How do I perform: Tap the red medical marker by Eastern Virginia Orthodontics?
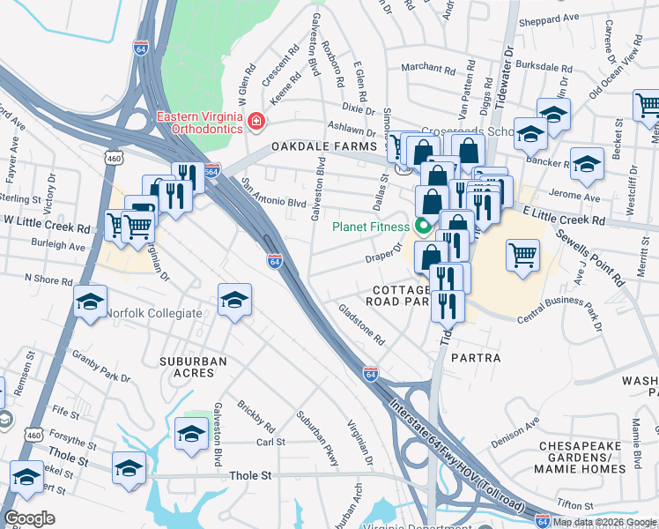pyautogui.click(x=255, y=120)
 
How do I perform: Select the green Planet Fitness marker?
pyautogui.click(x=423, y=226)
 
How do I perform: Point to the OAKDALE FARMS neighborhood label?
pyautogui.click(x=324, y=145)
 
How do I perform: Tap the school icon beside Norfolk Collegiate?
pyautogui.click(x=90, y=302)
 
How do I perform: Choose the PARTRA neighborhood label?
pyautogui.click(x=475, y=359)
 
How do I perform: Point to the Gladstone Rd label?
pyautogui.click(x=362, y=324)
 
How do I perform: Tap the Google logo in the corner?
pyautogui.click(x=29, y=518)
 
